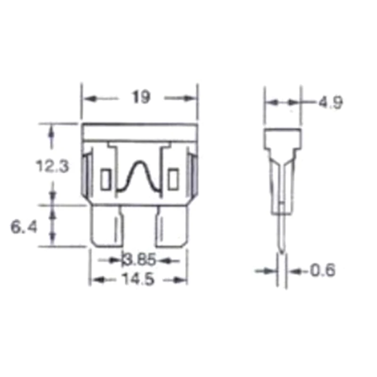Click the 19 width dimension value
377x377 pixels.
tap(141, 97)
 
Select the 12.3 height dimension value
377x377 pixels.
tap(52, 166)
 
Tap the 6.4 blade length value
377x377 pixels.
tap(24, 227)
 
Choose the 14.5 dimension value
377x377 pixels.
tap(138, 279)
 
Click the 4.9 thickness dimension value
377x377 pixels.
tap(331, 102)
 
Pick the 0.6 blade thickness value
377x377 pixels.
tap(323, 270)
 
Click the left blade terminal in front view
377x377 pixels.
tap(107, 227)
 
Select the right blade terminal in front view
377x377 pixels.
tap(172, 227)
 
